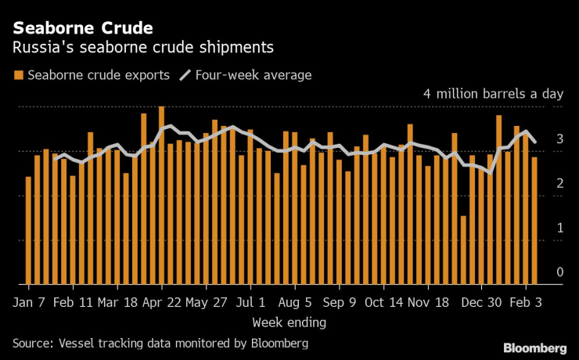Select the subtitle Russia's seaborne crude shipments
(x=142, y=48)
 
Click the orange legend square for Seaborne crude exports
(x=17, y=75)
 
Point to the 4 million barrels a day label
(x=493, y=94)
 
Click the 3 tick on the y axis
(x=559, y=139)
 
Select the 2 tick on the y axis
(x=559, y=183)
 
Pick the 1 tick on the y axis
(x=559, y=228)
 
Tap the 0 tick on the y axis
(x=559, y=272)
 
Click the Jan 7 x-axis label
(x=30, y=301)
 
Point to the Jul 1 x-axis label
(x=251, y=301)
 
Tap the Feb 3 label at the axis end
(x=528, y=301)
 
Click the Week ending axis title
(x=289, y=322)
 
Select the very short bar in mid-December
(x=463, y=250)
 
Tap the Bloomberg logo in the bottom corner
(x=534, y=347)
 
